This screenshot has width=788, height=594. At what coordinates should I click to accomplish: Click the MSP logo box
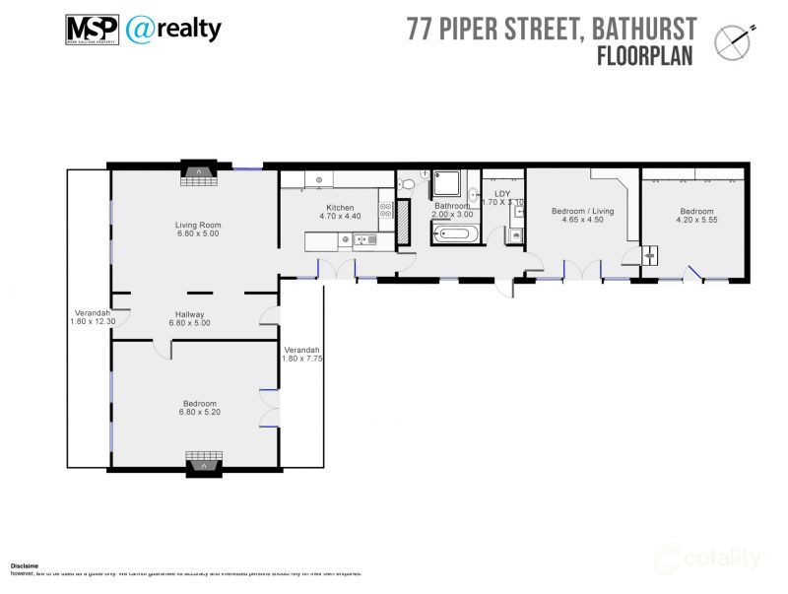92,30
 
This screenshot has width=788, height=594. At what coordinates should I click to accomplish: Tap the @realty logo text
173,30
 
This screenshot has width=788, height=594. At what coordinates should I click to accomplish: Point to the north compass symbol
734,40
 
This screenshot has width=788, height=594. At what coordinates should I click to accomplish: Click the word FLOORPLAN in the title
645,56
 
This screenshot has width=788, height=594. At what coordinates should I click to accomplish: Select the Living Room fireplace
199,173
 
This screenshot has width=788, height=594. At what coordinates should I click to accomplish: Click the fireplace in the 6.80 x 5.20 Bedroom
199,461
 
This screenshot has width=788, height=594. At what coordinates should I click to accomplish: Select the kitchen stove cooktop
385,208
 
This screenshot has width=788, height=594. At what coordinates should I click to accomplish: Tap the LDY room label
502,194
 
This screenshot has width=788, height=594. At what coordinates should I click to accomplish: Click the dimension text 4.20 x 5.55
696,221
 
